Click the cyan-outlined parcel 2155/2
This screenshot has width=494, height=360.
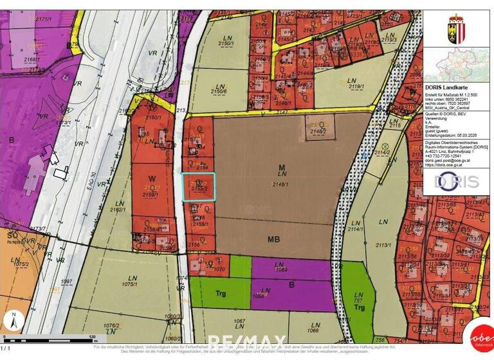pyautogui.click(x=198, y=186)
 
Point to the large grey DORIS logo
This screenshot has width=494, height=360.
pyautogui.click(x=457, y=181)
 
